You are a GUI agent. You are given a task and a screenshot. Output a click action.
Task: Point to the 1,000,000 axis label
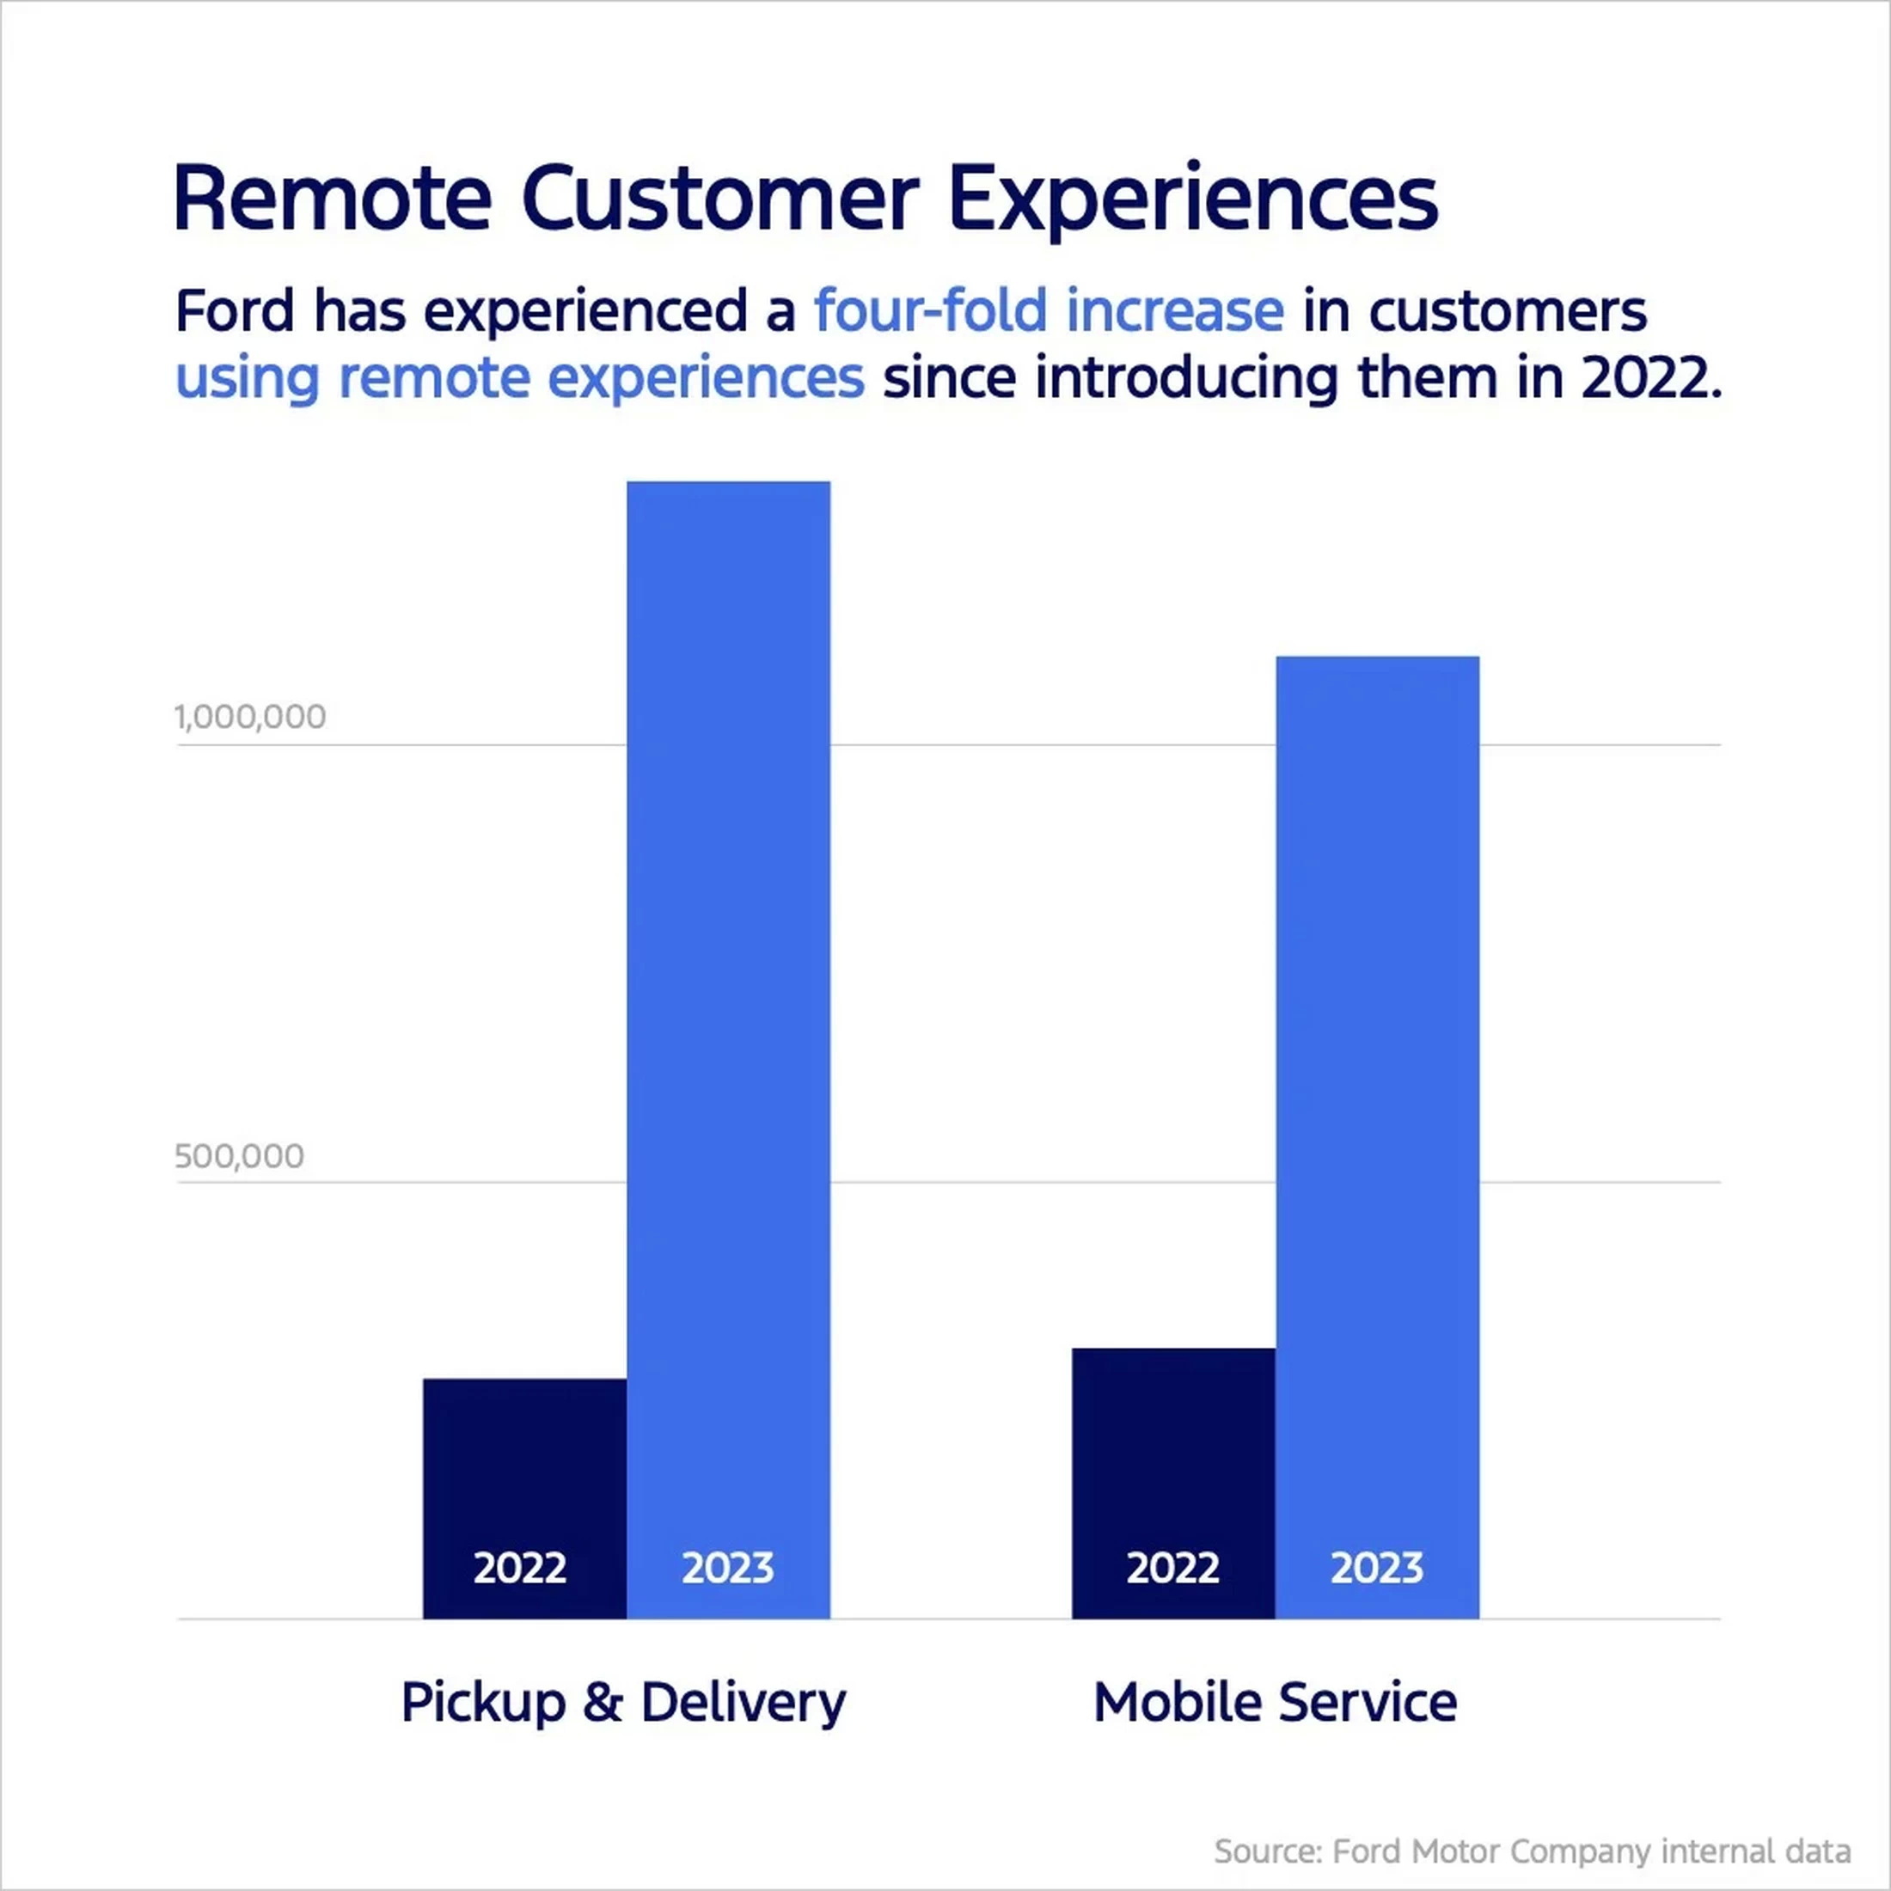pos(251,718)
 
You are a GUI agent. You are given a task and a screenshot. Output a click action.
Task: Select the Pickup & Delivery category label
pos(623,1702)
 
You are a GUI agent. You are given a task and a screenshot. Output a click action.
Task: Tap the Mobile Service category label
pos(1275,1702)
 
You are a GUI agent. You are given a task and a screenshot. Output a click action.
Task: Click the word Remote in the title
pos(332,199)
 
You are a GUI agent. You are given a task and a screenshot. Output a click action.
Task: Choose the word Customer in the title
pos(719,199)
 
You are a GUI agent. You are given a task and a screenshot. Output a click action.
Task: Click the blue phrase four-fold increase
pos(1050,311)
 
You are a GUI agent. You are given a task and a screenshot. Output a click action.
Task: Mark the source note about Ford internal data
pos(1532,1851)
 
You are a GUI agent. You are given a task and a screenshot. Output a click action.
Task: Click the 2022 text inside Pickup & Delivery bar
pos(520,1568)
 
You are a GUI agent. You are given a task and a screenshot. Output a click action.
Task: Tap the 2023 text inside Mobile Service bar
pos(1376,1568)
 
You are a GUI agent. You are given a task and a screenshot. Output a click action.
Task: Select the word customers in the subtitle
pos(1508,311)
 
